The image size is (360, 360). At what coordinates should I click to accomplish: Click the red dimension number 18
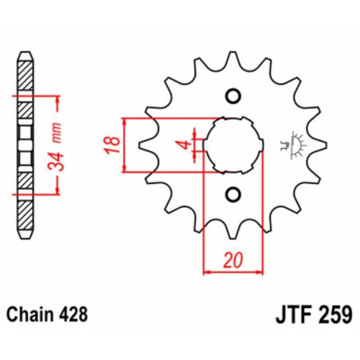pos(114,144)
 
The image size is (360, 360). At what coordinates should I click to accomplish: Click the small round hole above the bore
pos(233,96)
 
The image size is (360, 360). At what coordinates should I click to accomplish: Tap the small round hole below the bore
pos(233,194)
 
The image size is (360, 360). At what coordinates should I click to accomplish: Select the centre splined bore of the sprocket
pos(233,145)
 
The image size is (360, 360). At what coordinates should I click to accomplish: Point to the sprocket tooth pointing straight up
pos(233,60)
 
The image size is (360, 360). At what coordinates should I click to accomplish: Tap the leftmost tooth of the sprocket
pos(145,145)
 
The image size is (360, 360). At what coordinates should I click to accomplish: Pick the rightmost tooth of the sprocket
pos(320,145)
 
